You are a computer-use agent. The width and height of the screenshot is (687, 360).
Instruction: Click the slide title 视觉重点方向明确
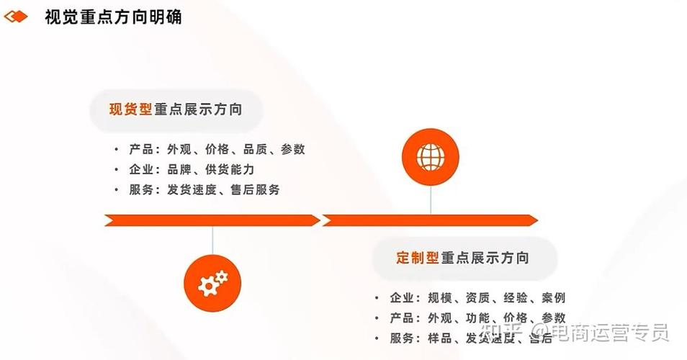pyautogui.click(x=113, y=17)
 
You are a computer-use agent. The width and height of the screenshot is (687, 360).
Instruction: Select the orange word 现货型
pyautogui.click(x=130, y=109)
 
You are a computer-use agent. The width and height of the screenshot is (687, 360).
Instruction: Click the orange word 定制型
pyautogui.click(x=417, y=257)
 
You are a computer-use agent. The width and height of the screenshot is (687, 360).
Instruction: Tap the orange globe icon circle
pyautogui.click(x=431, y=156)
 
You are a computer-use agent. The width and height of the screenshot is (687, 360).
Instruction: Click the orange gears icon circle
pyautogui.click(x=212, y=283)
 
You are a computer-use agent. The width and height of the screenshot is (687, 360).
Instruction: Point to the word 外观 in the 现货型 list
pyautogui.click(x=179, y=149)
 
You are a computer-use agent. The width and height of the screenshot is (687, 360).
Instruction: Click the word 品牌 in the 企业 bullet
pyautogui.click(x=179, y=169)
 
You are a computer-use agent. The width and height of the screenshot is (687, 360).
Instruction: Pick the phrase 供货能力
pyautogui.click(x=230, y=169)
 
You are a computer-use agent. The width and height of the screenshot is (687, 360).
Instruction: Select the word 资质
pyautogui.click(x=477, y=297)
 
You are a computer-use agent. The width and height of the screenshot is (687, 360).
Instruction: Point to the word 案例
pyautogui.click(x=553, y=297)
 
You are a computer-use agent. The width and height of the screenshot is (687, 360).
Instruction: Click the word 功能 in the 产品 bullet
pyautogui.click(x=477, y=318)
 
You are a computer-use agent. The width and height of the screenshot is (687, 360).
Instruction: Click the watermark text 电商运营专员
pyautogui.click(x=609, y=333)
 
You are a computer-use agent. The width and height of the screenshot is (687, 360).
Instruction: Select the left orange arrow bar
pyautogui.click(x=212, y=220)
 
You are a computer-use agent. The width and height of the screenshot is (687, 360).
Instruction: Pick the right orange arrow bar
pyautogui.click(x=430, y=220)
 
